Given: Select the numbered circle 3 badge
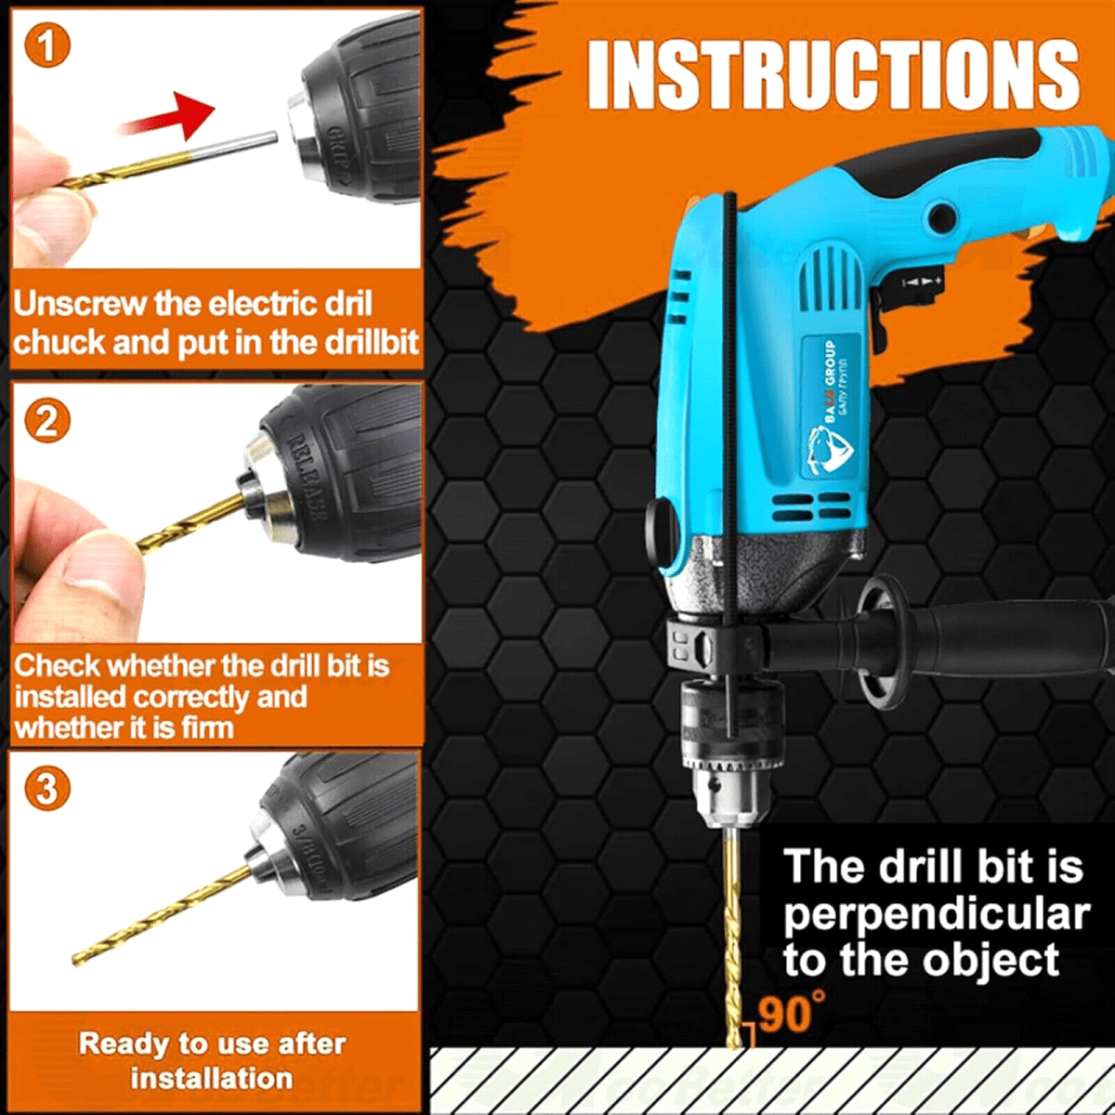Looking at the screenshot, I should (x=46, y=789).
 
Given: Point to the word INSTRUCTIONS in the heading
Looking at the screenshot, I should (x=833, y=74).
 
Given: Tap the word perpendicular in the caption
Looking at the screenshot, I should (x=935, y=914).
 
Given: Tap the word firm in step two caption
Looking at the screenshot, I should (x=206, y=728).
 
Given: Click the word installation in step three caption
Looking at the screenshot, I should (x=211, y=1078).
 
